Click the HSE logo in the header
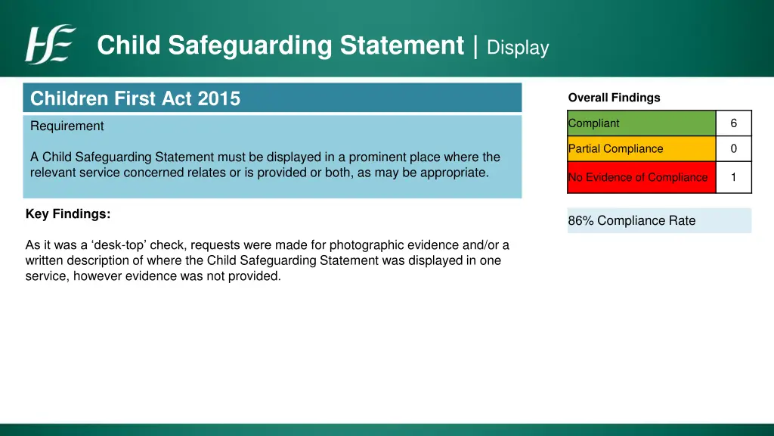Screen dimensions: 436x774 [x=50, y=45]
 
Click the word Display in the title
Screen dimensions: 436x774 [x=518, y=48]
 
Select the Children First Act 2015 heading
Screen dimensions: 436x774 [x=135, y=98]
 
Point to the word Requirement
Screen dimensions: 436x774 [x=67, y=126]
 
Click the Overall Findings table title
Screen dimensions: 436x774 [x=614, y=98]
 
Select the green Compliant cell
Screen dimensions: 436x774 [x=641, y=123]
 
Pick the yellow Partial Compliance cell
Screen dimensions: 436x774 [x=641, y=149]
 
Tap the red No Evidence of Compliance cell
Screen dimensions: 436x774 [x=641, y=177]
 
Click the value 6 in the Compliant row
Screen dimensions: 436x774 [x=733, y=123]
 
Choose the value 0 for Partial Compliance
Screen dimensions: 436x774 [x=733, y=149]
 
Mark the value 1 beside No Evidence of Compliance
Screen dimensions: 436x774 [x=733, y=177]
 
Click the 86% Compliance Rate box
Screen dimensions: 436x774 [x=659, y=221]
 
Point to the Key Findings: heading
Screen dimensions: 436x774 [x=68, y=214]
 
